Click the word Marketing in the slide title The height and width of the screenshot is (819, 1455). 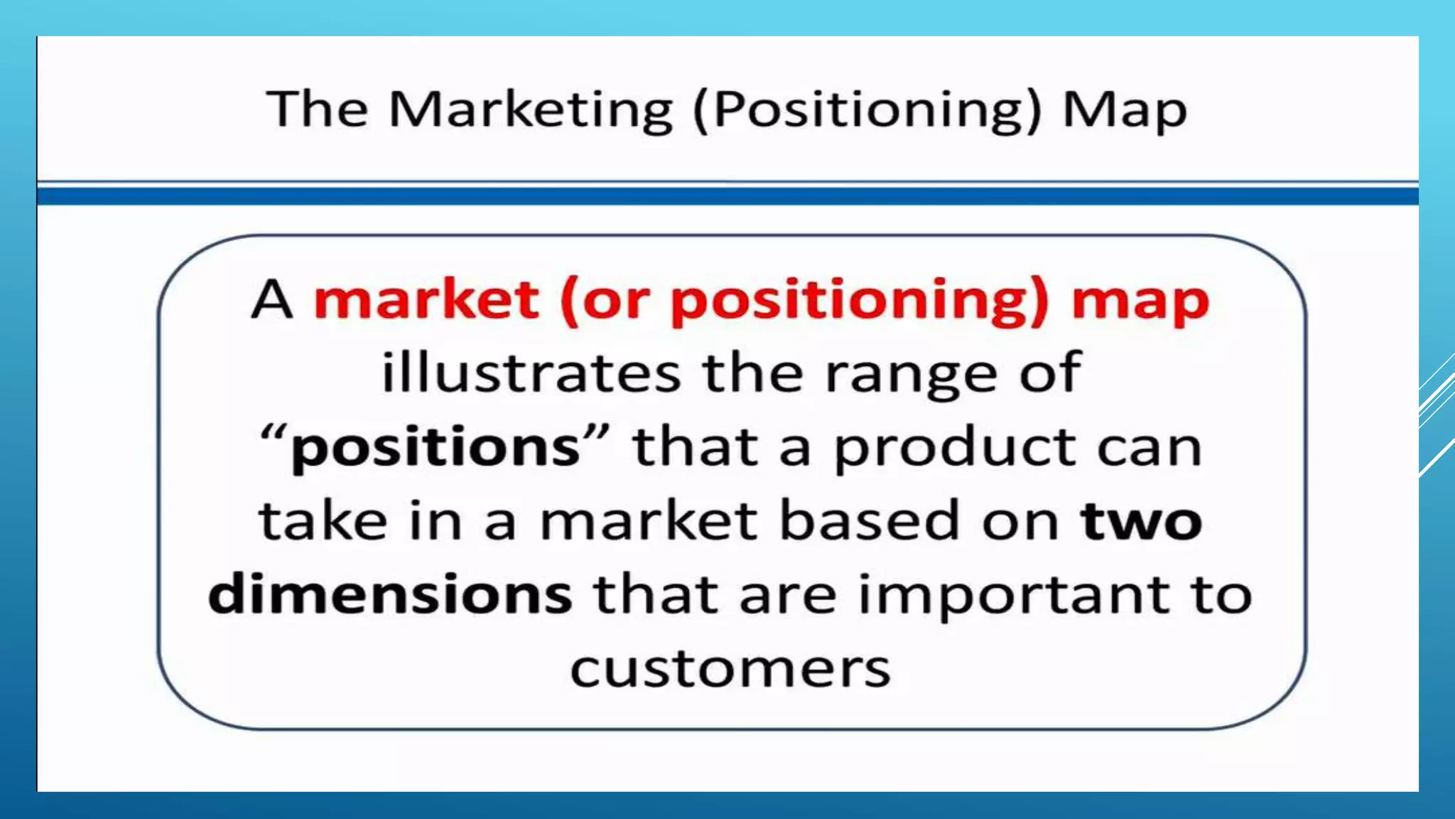tap(530, 111)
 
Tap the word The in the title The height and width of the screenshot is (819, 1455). tap(318, 109)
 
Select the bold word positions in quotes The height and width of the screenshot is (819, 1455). tap(436, 449)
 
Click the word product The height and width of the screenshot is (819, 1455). tap(954, 449)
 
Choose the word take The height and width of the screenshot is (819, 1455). tap(323, 521)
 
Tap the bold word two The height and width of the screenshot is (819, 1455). tap(1141, 521)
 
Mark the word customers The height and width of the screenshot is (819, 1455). tap(730, 669)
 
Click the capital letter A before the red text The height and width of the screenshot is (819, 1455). tap(272, 300)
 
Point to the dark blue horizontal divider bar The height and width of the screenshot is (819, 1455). tap(727, 195)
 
